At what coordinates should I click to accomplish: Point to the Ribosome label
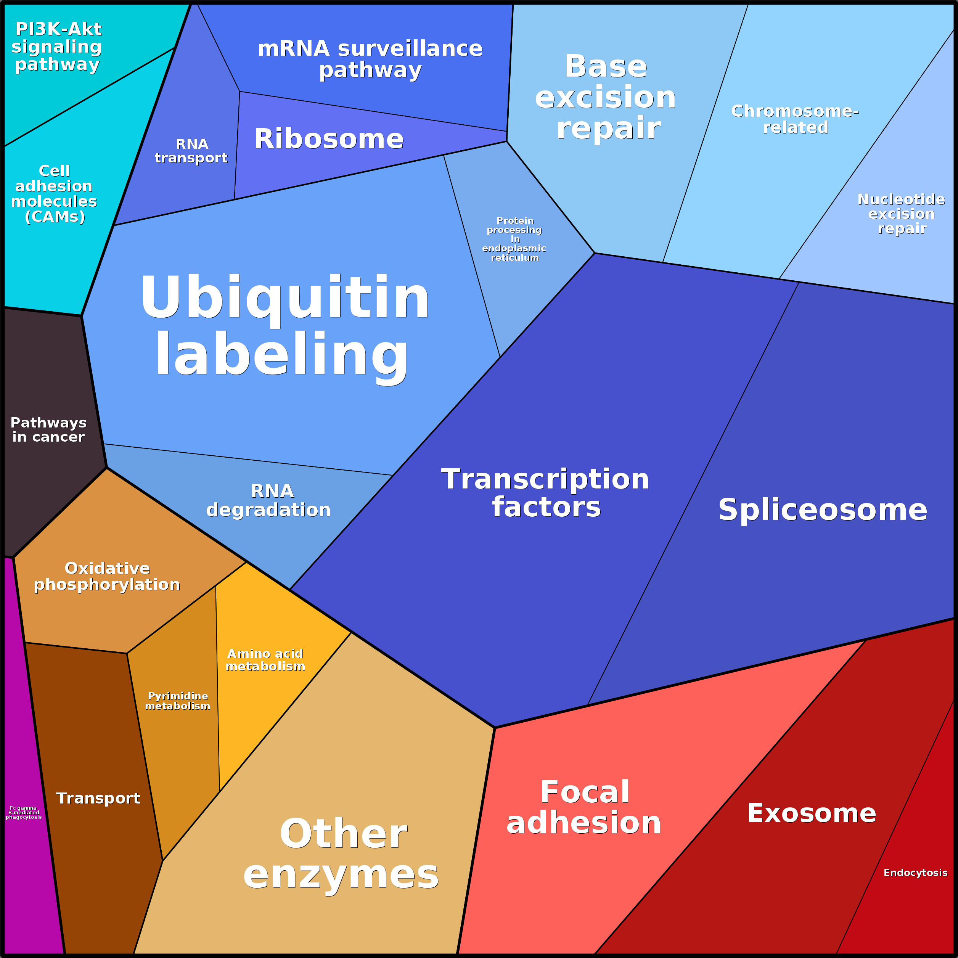coord(329,138)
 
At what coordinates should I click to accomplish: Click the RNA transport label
coord(191,151)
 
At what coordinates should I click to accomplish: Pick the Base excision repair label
coord(606,97)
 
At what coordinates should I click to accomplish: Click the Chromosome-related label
coord(795,119)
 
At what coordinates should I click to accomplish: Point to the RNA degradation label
coord(269,500)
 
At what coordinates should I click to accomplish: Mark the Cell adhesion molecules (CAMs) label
coord(54,194)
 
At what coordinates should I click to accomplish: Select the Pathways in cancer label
coord(48,429)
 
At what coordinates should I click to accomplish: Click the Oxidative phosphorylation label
coord(107,576)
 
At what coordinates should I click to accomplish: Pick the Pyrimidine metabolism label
coord(177,701)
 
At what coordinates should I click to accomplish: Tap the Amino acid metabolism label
coord(265,660)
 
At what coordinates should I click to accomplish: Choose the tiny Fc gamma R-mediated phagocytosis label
coord(23,812)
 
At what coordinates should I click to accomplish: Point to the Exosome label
coord(811,813)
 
